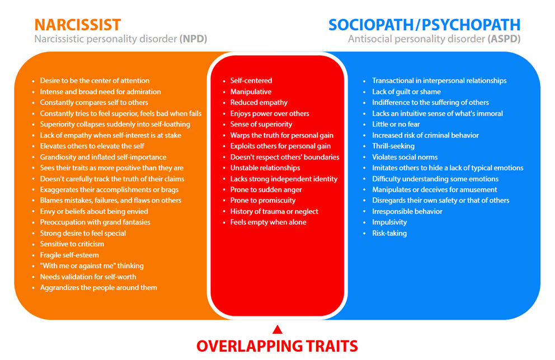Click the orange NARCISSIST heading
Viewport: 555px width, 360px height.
click(x=77, y=25)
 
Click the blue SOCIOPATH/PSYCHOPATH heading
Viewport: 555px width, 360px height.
click(x=424, y=25)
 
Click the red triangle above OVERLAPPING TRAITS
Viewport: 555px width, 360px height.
click(x=276, y=329)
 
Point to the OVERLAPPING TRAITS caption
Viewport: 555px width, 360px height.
click(x=276, y=345)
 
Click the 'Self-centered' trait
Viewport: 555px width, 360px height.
click(x=251, y=81)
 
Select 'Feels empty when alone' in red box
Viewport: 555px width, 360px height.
click(x=268, y=222)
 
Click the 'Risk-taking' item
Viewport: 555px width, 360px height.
click(x=389, y=233)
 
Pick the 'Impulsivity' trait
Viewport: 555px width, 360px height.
click(x=389, y=222)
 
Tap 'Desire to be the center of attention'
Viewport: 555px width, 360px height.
click(x=95, y=81)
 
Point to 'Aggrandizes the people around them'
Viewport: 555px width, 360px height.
click(x=98, y=288)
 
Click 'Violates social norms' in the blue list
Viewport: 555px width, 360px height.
click(x=405, y=157)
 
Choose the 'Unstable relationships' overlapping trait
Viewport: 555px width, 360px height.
click(x=265, y=168)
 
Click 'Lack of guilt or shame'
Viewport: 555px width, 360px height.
click(x=406, y=92)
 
